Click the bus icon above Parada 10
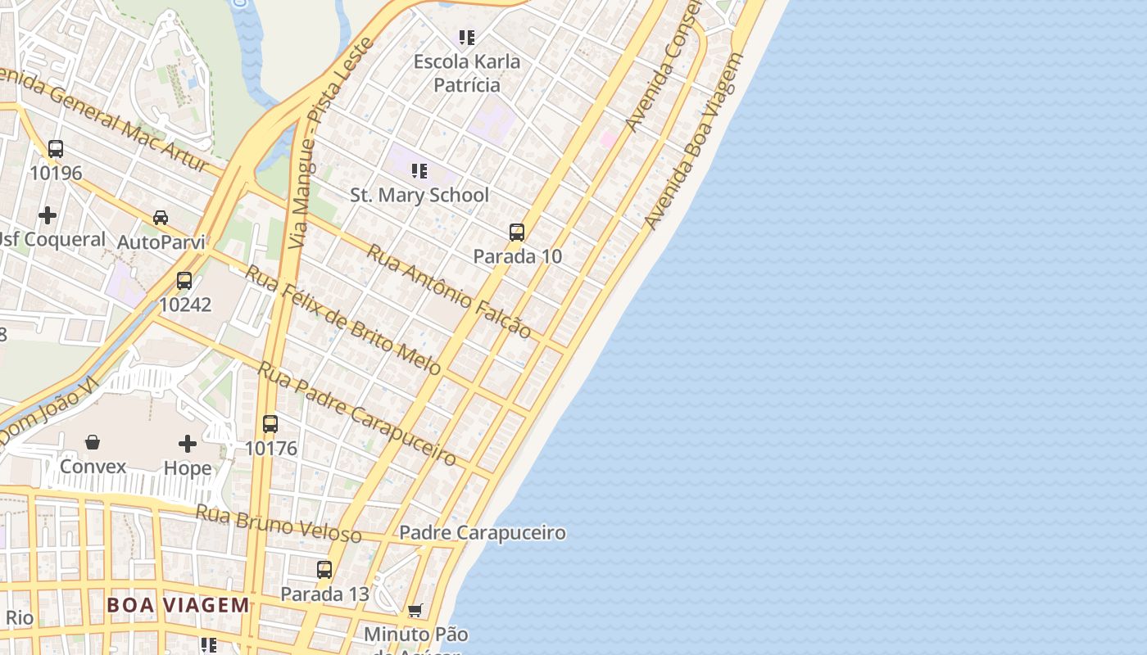(517, 233)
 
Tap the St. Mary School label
(419, 195)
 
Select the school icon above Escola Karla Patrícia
(467, 37)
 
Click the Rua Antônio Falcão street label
(448, 291)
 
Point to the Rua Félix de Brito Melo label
(343, 320)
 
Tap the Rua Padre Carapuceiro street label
(357, 413)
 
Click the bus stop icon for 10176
(270, 424)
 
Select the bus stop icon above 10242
(184, 281)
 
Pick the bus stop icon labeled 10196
(56, 149)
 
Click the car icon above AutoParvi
(161, 218)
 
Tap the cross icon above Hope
(188, 444)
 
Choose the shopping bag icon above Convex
(93, 443)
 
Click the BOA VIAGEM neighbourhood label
(179, 605)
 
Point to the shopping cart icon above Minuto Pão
(415, 610)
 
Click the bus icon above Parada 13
(324, 570)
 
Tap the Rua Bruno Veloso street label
(279, 523)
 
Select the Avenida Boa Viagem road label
(695, 141)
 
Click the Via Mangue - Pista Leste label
(331, 143)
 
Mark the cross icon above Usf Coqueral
(48, 215)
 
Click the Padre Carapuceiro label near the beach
(483, 533)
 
